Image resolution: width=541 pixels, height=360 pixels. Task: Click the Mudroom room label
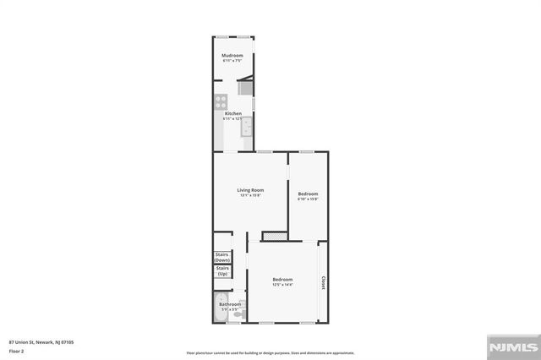pyautogui.click(x=232, y=56)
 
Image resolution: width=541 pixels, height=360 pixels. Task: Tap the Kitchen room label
pyautogui.click(x=232, y=113)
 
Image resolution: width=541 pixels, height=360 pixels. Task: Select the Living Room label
pyautogui.click(x=250, y=190)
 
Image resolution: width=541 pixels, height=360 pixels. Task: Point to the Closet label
pyautogui.click(x=322, y=283)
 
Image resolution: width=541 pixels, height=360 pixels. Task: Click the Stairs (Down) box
pyautogui.click(x=222, y=257)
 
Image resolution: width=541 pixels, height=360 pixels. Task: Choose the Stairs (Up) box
pyautogui.click(x=222, y=272)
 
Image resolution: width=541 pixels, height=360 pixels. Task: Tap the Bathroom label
pyautogui.click(x=230, y=304)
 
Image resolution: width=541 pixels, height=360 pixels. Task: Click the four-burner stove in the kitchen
pyautogui.click(x=221, y=102)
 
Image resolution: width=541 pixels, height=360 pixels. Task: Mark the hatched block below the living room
pyautogui.click(x=275, y=235)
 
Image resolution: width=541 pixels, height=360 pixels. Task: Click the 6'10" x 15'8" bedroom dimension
pyautogui.click(x=308, y=199)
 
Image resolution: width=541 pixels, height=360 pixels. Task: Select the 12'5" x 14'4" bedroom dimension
pyautogui.click(x=282, y=285)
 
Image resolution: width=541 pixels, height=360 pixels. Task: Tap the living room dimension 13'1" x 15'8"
pyautogui.click(x=250, y=196)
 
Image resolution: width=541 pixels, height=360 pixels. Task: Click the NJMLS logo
pyautogui.click(x=511, y=346)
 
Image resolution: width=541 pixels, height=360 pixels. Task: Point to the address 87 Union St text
pyautogui.click(x=41, y=341)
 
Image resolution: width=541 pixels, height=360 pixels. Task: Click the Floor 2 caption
pyautogui.click(x=16, y=351)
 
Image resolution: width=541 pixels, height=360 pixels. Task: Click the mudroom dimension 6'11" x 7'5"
pyautogui.click(x=232, y=61)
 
